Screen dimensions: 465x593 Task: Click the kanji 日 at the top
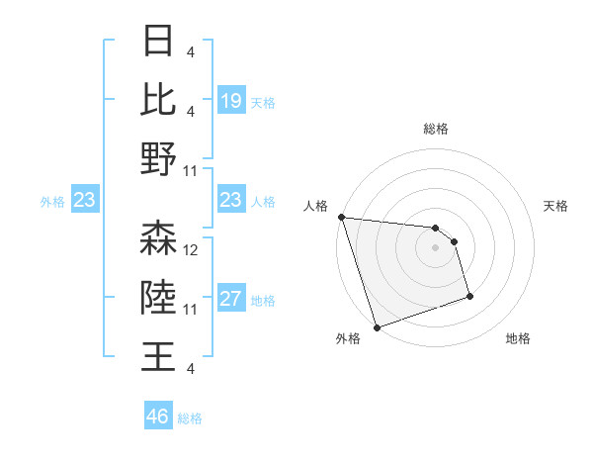coord(158,42)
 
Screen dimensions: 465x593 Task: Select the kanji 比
coord(158,99)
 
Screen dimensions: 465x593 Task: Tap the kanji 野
coord(158,158)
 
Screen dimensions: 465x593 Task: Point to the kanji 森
coord(158,238)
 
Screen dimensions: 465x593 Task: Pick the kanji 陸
coord(158,297)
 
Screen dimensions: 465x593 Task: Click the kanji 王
coord(158,355)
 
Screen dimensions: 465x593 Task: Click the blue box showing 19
coord(230,101)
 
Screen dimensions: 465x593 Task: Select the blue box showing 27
coord(230,300)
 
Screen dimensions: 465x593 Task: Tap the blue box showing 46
coord(158,416)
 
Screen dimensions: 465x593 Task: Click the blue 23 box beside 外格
coord(85,200)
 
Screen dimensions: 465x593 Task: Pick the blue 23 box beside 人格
coord(230,200)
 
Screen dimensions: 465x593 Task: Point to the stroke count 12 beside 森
coord(192,250)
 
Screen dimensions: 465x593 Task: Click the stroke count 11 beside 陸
coord(192,310)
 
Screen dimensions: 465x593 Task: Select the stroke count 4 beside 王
coord(190,368)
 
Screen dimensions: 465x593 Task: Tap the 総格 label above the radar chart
coord(435,129)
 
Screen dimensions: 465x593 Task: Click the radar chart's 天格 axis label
coord(556,206)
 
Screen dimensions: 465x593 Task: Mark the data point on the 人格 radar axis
coord(341,217)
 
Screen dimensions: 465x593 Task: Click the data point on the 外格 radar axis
coord(377,327)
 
